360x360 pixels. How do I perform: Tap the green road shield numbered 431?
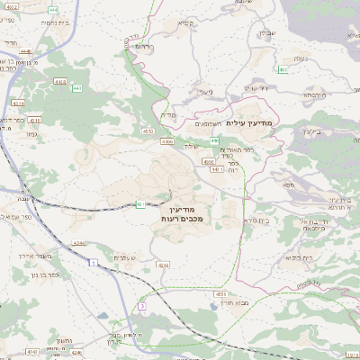(x=141, y=204)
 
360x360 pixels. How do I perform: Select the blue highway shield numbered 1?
(x=93, y=262)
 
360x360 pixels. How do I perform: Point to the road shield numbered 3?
(x=141, y=306)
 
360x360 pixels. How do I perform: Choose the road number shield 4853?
(x=220, y=293)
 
